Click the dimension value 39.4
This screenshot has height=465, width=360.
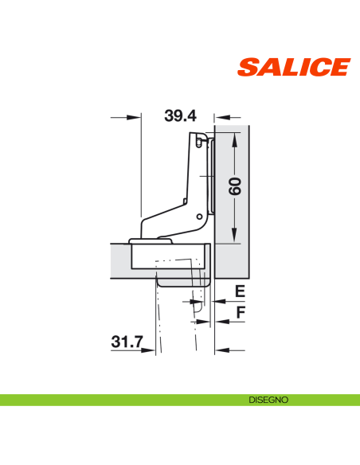(x=180, y=115)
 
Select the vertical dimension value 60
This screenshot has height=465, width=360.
(x=236, y=188)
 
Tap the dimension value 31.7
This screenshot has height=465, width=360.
(x=127, y=342)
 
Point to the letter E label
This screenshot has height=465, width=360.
(x=240, y=291)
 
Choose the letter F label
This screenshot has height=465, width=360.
(x=240, y=312)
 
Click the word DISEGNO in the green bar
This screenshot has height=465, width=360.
(x=268, y=399)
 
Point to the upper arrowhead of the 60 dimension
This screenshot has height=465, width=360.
(x=235, y=139)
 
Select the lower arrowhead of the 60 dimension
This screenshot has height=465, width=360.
(x=235, y=237)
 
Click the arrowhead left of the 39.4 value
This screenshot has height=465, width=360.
(x=135, y=117)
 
